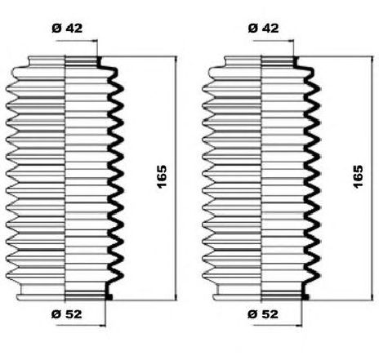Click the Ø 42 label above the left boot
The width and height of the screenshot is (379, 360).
(x=67, y=28)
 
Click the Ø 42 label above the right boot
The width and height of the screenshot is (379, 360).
(x=263, y=28)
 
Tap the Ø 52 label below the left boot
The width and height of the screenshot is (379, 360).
(x=67, y=314)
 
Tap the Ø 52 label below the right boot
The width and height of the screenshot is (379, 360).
(x=263, y=314)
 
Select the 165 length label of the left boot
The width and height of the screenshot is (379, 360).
(x=162, y=176)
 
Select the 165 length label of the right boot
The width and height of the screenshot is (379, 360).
(x=359, y=176)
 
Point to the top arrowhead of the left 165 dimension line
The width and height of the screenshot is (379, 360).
(x=176, y=60)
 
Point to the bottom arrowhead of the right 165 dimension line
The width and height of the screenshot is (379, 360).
(x=372, y=297)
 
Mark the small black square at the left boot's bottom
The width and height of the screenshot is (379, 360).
(x=109, y=297)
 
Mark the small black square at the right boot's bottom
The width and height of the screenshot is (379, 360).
(x=305, y=297)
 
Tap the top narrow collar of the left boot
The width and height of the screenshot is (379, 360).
(x=63, y=61)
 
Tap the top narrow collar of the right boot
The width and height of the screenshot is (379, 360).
(x=260, y=61)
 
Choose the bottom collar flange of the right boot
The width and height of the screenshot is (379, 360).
(x=258, y=297)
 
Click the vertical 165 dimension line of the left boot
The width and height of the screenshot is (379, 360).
(x=176, y=179)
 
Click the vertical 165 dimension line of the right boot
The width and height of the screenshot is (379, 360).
(x=372, y=179)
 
